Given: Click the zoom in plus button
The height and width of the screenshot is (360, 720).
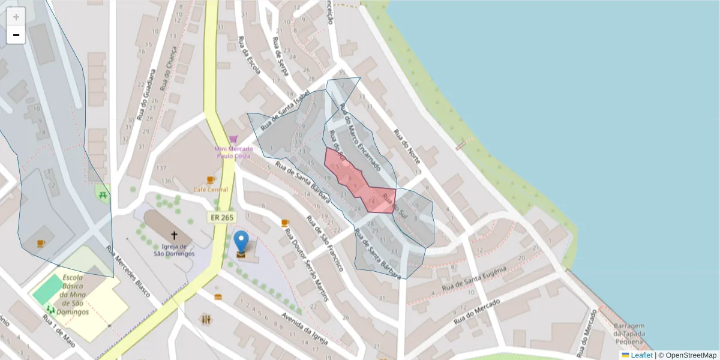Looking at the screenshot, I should coord(16,17).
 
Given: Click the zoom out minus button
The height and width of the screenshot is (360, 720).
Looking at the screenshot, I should coord(16,35).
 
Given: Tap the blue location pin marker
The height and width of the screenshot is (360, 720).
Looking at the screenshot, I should coord(241,242).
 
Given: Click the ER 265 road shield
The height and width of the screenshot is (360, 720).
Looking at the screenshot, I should coord(222,217).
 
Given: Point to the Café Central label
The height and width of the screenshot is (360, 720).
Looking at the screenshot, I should coord(211,190).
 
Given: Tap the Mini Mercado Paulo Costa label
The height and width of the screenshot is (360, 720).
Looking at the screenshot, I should coord(233,152).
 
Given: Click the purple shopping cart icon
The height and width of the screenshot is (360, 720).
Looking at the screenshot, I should coord(233,139).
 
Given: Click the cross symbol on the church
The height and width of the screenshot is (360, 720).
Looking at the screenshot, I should coord(175,236).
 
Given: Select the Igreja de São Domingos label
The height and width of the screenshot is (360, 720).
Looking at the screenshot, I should coord(175,250).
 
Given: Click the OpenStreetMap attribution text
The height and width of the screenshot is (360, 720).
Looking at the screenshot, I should coord(691,355).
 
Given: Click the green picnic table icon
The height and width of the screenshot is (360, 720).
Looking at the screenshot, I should coord(103,194).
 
